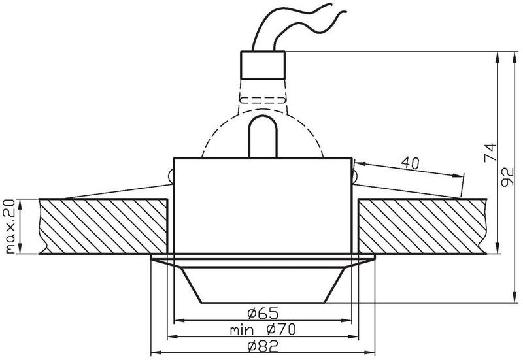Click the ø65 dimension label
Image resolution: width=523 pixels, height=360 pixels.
point(262,313)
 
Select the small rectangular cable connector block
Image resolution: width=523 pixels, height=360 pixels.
point(263,64)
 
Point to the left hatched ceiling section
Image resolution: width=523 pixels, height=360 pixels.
point(105,226)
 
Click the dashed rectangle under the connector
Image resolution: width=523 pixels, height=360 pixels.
point(263,101)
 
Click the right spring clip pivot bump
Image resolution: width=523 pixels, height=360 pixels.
point(355,175)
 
